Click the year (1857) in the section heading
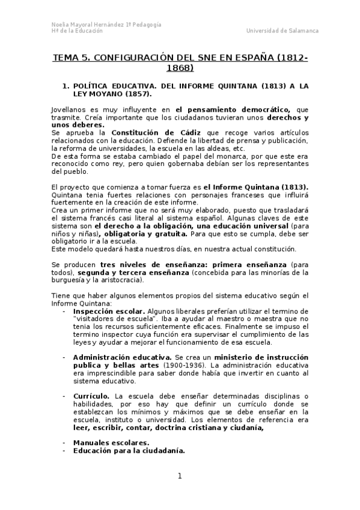click(137, 94)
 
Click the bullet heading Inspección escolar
click(100, 310)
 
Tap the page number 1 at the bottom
click(179, 476)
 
